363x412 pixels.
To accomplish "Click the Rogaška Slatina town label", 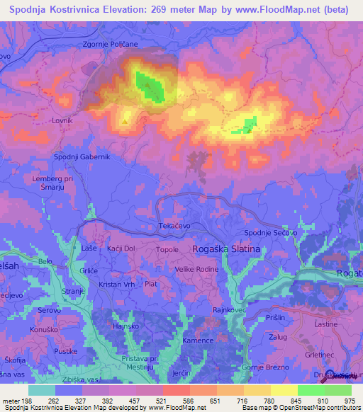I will pos(227,249).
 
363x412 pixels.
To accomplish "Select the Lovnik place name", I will pos(62,121).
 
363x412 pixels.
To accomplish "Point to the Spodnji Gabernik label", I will pos(82,156).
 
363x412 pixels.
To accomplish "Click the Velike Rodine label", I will pos(197,269).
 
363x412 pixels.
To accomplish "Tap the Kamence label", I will pos(199,341).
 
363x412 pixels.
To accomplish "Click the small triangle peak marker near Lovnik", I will pos(125,121).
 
